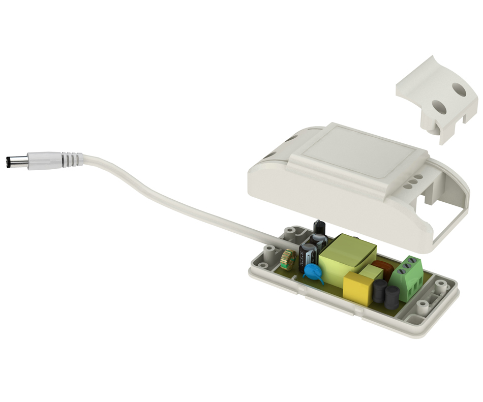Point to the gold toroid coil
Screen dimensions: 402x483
click(x=288, y=259)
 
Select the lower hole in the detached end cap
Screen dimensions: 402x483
click(x=439, y=107)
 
